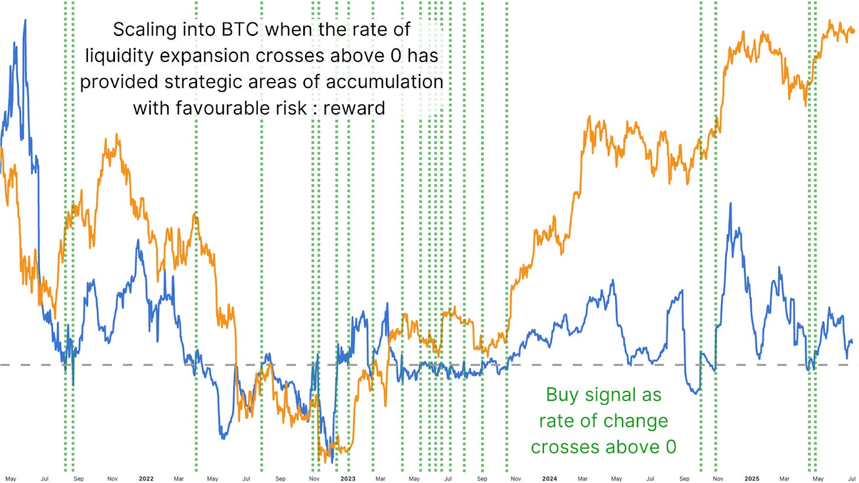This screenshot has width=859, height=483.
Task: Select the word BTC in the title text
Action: pyautogui.click(x=236, y=30)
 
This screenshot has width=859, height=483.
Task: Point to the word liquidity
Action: pyautogui.click(x=122, y=56)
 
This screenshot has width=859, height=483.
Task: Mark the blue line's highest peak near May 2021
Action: pyautogui.click(x=25, y=21)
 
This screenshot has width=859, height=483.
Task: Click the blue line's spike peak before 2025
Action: pyautogui.click(x=731, y=204)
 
